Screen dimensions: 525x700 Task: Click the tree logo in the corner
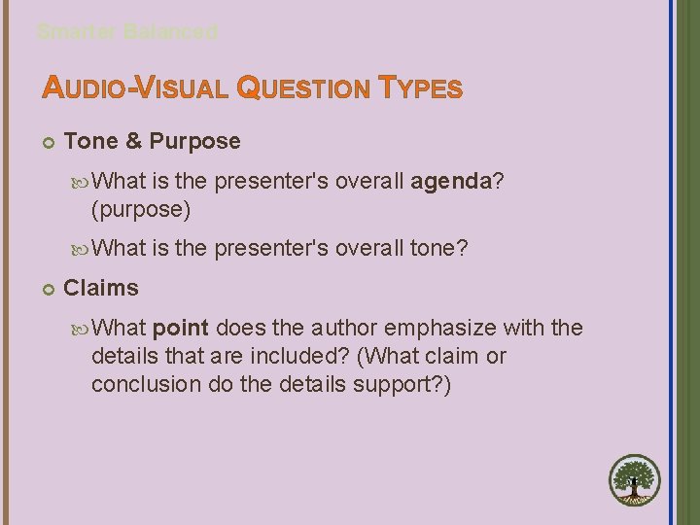point(635,481)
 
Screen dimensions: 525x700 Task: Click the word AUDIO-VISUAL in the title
point(135,89)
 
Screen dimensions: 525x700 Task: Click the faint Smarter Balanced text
point(127,31)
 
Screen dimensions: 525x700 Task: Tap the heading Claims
point(101,288)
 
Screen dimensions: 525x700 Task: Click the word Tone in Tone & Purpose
point(90,141)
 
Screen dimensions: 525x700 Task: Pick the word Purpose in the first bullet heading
point(195,141)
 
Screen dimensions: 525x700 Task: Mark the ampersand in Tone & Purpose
point(133,141)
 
